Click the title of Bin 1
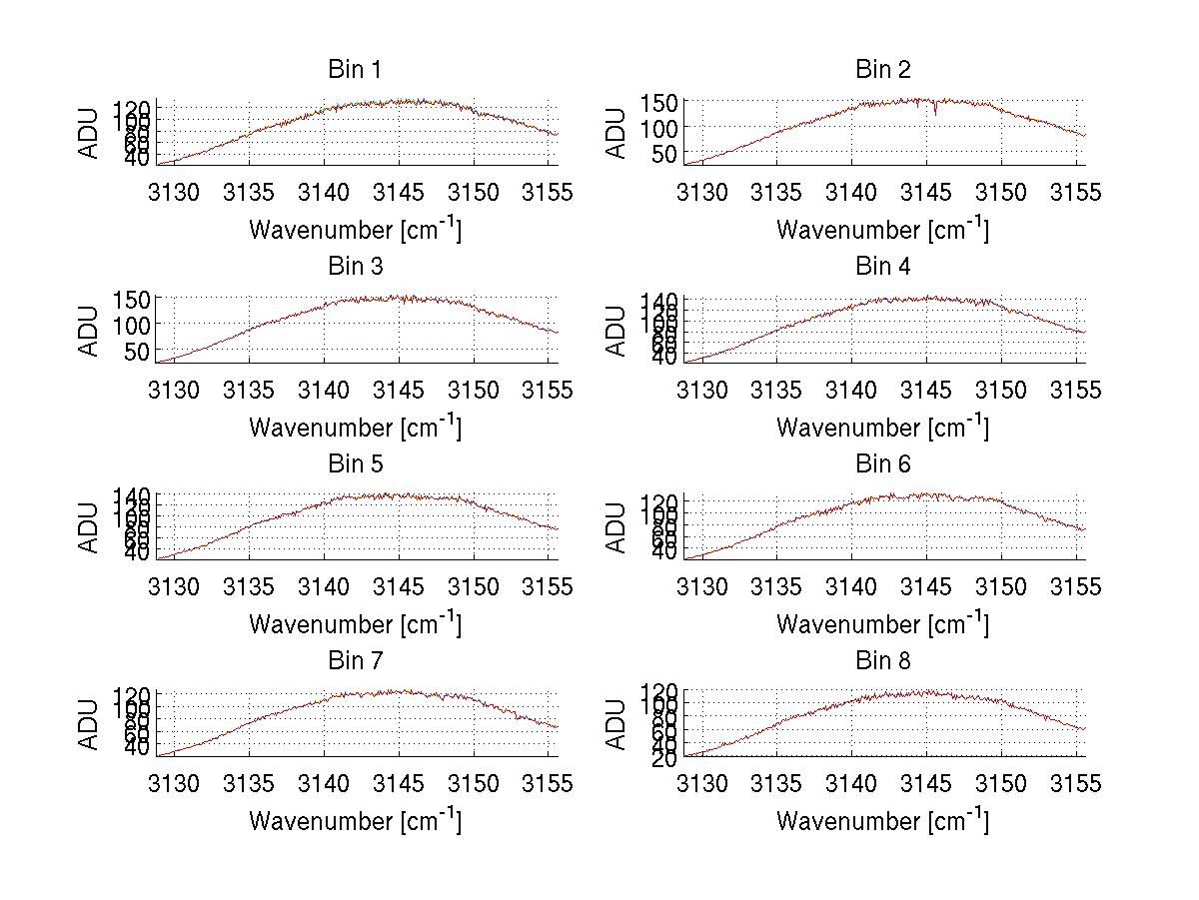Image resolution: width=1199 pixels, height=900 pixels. pos(355,70)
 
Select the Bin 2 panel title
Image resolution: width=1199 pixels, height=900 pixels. pos(883,70)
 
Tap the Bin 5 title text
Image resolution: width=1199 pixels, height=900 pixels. pos(355,464)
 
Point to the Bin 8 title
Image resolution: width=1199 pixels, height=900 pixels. pos(883,661)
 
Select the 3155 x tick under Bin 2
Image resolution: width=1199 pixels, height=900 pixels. pos(1076,193)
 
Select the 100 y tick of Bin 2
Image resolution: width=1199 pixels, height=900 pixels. pos(659,128)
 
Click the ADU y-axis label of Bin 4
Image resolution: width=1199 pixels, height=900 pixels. pos(616,329)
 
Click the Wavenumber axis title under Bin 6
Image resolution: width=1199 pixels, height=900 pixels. pos(883,624)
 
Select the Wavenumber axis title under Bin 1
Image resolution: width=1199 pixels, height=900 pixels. pos(355,230)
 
